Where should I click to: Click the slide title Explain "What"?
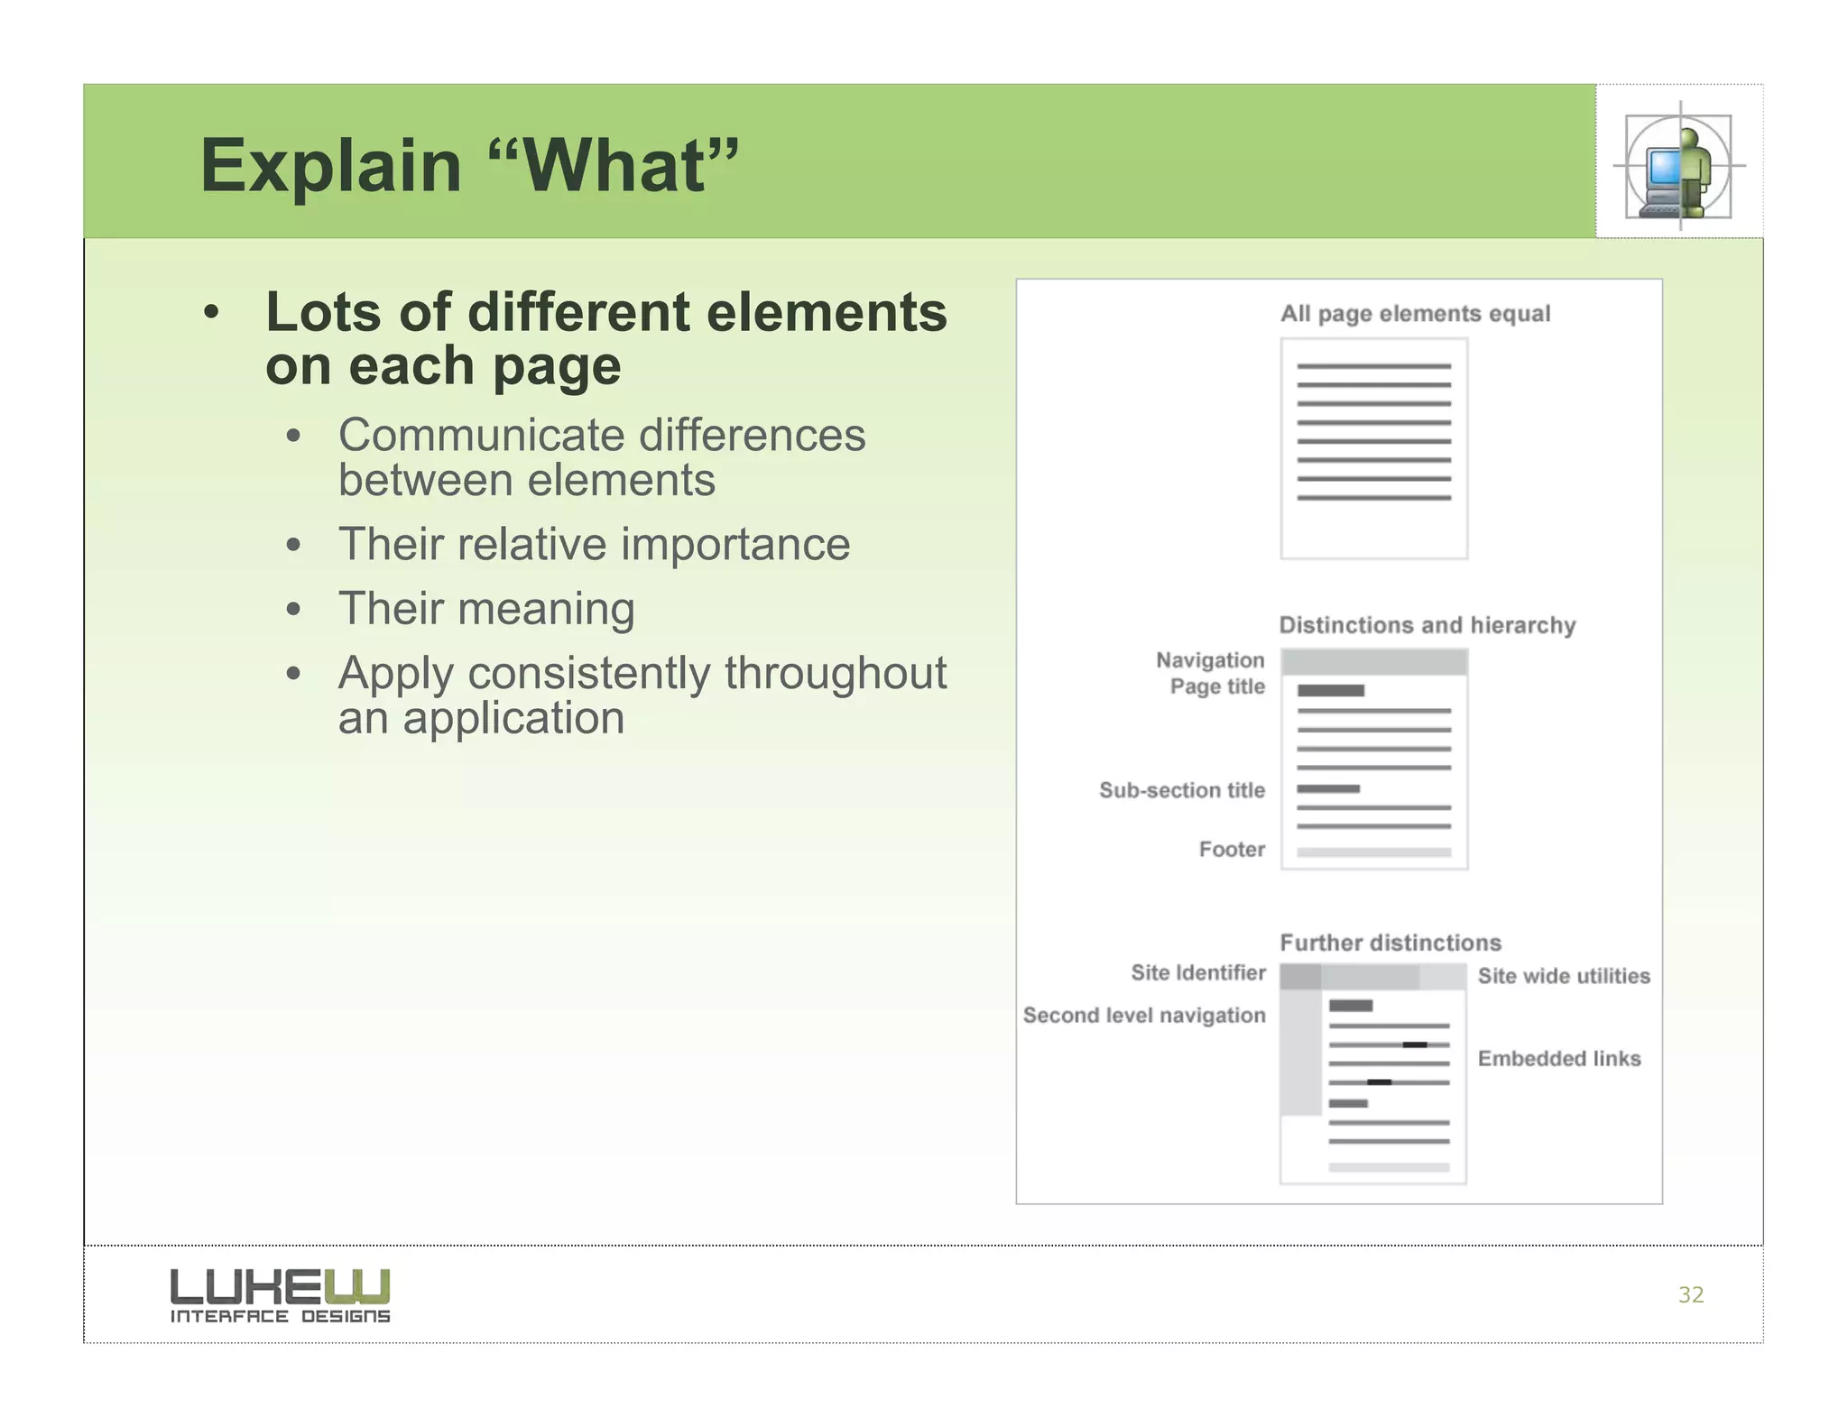pyautogui.click(x=468, y=166)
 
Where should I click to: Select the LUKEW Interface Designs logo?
pyautogui.click(x=280, y=1295)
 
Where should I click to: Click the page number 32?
pyautogui.click(x=1690, y=1295)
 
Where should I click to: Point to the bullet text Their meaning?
pyautogui.click(x=486, y=609)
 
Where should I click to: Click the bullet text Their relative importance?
pyautogui.click(x=594, y=545)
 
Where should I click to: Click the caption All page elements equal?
pyautogui.click(x=1414, y=314)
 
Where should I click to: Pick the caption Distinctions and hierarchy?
pyautogui.click(x=1427, y=625)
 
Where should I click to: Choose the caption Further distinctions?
pyautogui.click(x=1391, y=943)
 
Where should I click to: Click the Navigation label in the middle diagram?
pyautogui.click(x=1209, y=660)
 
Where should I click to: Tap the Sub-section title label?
pyautogui.click(x=1181, y=790)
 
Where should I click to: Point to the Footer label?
pyautogui.click(x=1231, y=850)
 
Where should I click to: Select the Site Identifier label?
pyautogui.click(x=1197, y=972)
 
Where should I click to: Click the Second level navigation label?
pyautogui.click(x=1143, y=1016)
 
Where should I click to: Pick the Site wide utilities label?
pyautogui.click(x=1563, y=976)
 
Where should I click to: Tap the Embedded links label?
pyautogui.click(x=1558, y=1059)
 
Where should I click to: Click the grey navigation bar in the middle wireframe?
pyautogui.click(x=1373, y=662)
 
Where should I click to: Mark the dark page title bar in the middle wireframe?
pyautogui.click(x=1330, y=691)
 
